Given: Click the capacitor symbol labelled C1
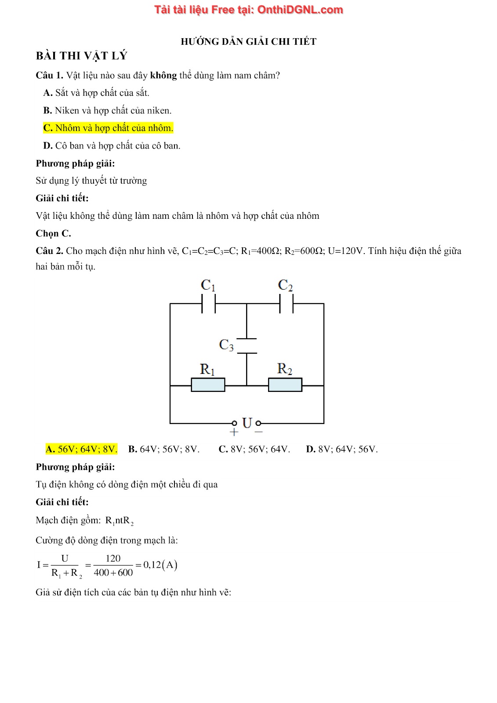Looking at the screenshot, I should point(208,303).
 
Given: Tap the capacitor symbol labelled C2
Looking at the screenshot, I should point(286,303).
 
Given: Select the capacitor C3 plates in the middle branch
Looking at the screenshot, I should point(247,345).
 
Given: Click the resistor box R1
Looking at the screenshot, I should point(208,385).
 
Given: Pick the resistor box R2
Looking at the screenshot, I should point(285,385).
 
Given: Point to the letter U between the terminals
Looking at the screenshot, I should point(247,423).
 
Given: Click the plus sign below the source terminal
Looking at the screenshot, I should point(234,432).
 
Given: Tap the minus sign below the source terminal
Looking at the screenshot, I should point(258,432).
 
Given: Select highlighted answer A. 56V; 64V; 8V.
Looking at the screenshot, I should point(81,449).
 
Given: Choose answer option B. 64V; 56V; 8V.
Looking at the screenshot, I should point(164,449).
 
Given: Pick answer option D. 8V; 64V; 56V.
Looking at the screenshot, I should point(342,449).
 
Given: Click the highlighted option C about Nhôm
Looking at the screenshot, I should point(108,128).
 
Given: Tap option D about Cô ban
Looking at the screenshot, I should point(112,145).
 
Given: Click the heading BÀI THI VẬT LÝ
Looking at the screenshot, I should point(81,56).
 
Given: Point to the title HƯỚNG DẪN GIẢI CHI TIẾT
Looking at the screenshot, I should point(248,42).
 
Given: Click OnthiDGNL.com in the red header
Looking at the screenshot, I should point(300,10).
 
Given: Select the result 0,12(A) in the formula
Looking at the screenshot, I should point(160,565).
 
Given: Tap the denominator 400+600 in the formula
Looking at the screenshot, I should point(113,573).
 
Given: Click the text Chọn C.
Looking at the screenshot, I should point(53,233).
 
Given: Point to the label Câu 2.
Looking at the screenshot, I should point(49,251).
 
